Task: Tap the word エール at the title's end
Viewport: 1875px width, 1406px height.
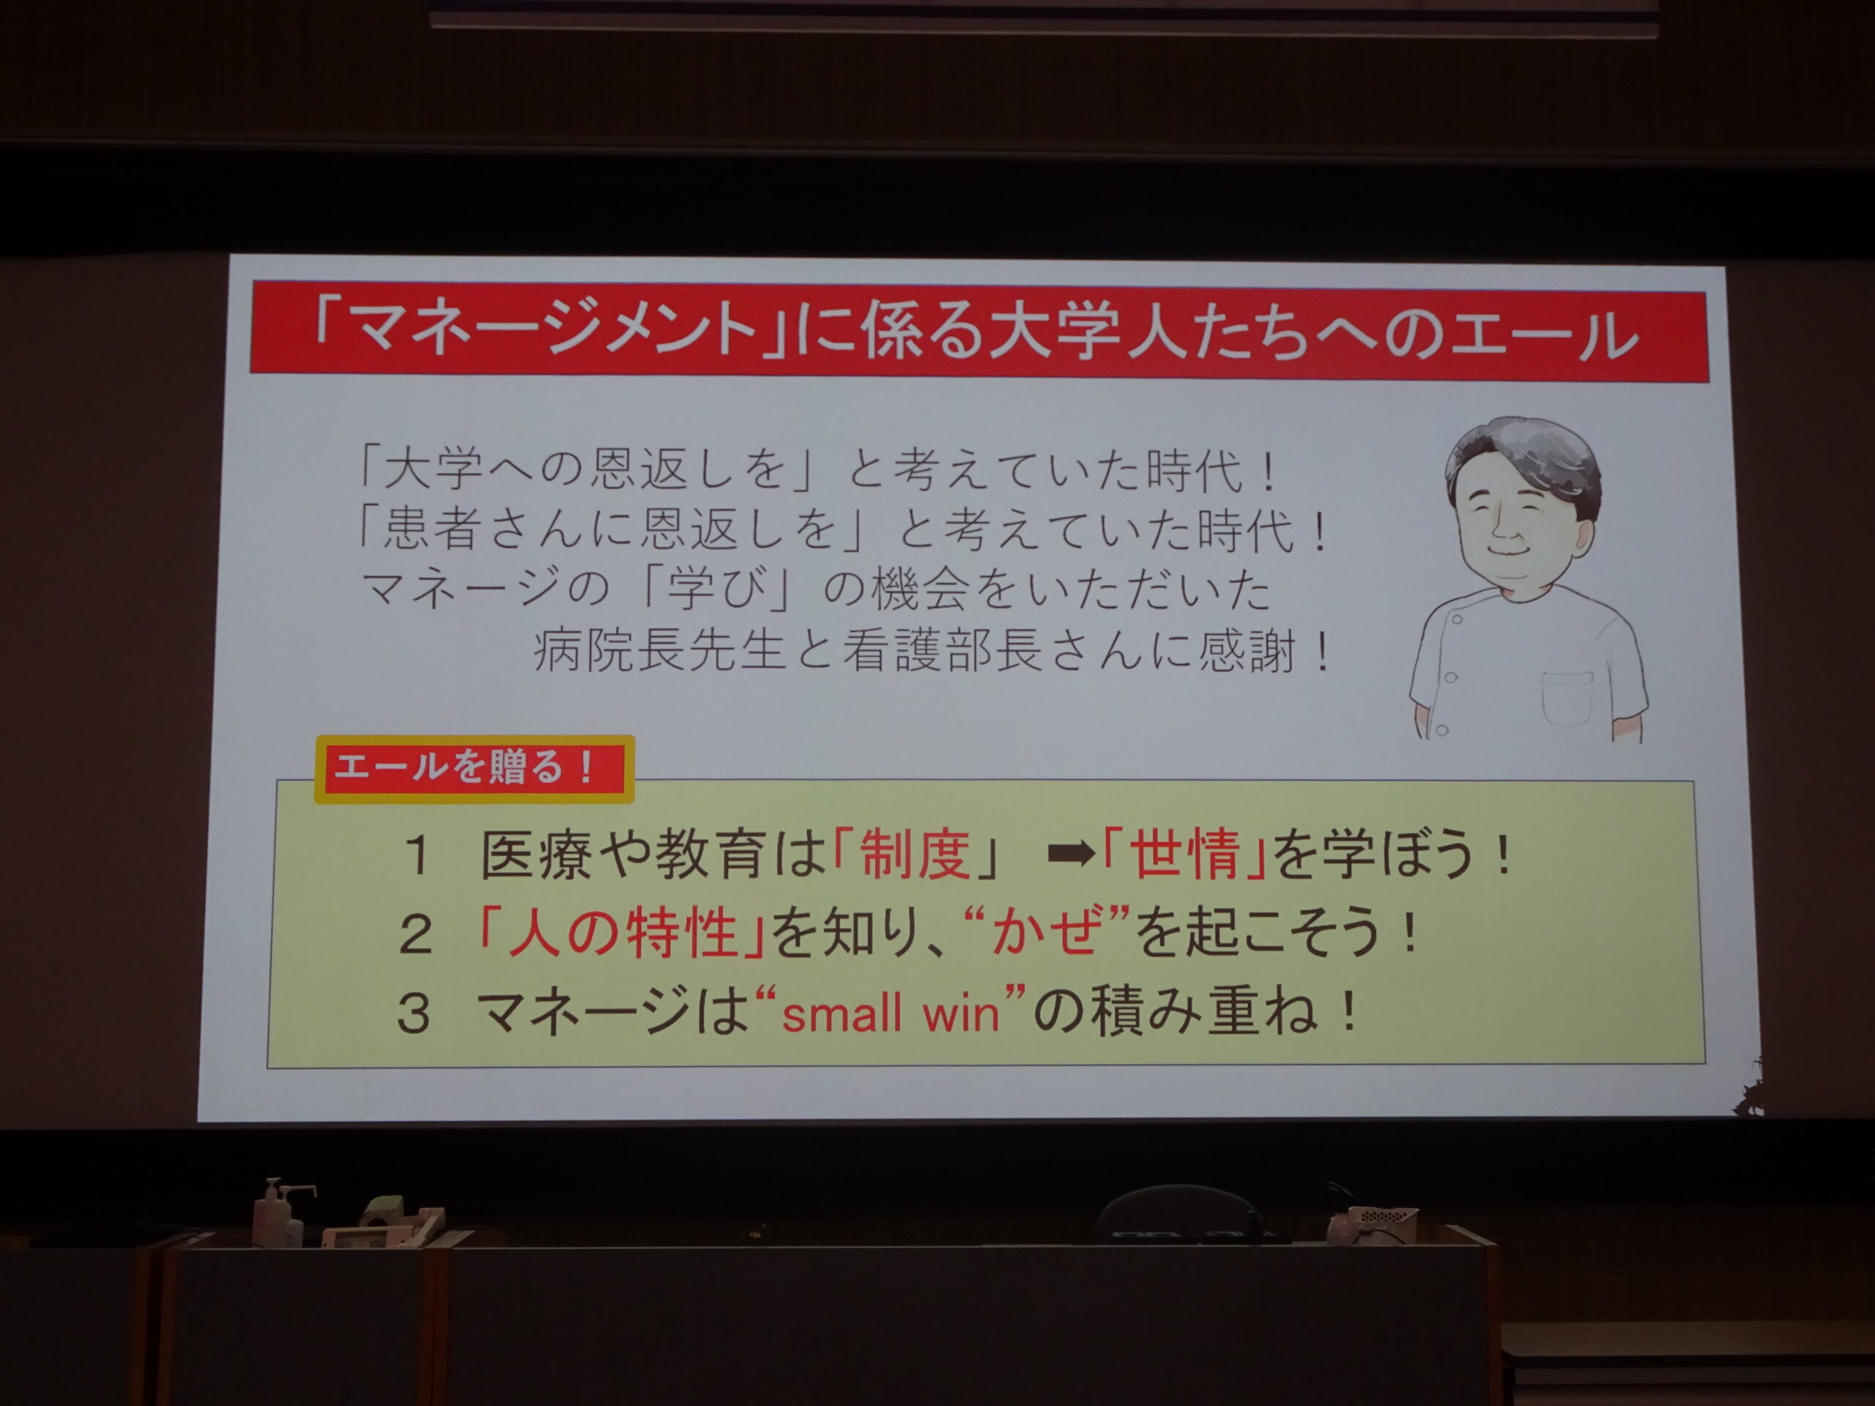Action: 1545,334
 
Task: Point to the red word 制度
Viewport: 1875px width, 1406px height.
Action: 916,853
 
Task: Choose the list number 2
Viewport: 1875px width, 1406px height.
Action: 415,935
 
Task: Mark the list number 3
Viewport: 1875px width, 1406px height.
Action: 415,1013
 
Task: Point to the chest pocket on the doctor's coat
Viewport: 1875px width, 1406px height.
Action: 1567,696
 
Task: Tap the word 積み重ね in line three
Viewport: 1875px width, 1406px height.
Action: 1203,1013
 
